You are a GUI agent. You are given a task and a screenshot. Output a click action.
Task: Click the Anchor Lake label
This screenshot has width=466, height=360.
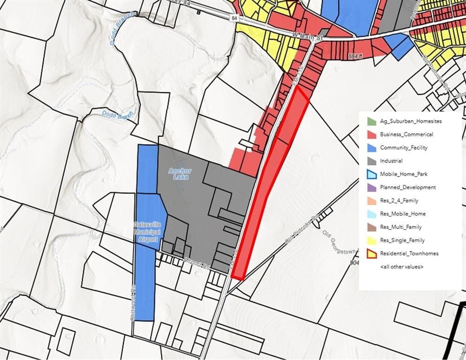pos(180,174)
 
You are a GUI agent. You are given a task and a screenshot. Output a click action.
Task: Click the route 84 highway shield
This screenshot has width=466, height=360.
pos(234,17)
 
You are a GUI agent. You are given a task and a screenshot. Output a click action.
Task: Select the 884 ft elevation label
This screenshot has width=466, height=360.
pos(356,56)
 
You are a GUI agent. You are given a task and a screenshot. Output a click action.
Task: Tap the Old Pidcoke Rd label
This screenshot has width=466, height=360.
pos(302,230)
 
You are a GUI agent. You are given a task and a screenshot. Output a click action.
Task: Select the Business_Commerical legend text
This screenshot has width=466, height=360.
pos(406,134)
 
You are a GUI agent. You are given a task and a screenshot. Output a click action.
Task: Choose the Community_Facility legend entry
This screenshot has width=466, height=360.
pos(404,148)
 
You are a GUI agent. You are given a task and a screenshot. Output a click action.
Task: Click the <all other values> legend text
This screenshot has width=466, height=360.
pos(401,267)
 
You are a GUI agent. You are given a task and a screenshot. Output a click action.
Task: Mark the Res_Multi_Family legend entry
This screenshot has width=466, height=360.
pos(401,227)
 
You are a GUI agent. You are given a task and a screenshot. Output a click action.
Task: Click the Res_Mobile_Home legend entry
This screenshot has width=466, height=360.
pos(403,214)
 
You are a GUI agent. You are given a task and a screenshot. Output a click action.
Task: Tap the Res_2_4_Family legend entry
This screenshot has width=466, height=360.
pos(399,201)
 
